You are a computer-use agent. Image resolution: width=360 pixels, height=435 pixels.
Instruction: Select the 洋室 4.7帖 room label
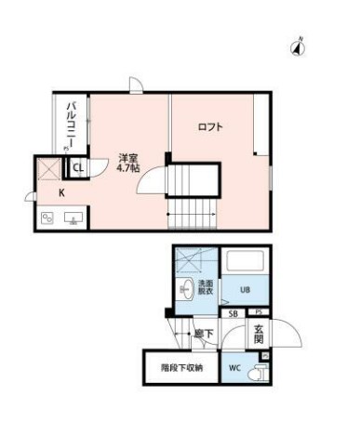127,164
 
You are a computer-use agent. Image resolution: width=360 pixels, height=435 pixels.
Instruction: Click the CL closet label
79,168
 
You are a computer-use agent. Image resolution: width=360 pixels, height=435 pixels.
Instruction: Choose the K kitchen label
61,192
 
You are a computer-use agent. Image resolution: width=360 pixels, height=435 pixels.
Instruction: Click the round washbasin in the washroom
184,287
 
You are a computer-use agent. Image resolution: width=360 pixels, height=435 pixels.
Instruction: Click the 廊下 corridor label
200,332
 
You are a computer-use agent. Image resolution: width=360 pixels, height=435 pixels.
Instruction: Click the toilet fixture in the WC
260,370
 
